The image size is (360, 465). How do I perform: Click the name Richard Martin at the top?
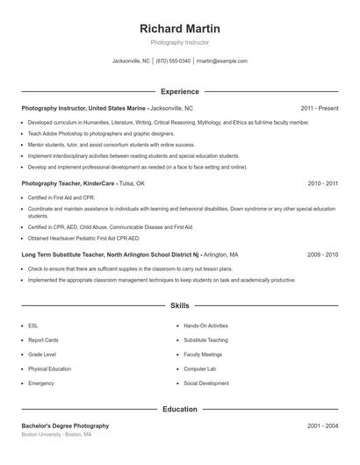coord(180,28)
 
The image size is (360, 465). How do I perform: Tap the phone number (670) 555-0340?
coord(174,61)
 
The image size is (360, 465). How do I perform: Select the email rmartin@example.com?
coord(222,61)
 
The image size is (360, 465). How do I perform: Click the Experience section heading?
coord(180,91)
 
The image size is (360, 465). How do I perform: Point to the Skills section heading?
coord(180,306)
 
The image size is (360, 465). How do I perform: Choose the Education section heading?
coord(180,409)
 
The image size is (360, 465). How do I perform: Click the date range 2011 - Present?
coord(319,108)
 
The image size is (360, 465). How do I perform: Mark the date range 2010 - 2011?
coord(322,184)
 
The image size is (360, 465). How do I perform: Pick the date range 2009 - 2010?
coord(322,254)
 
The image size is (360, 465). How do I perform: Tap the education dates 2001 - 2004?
coord(322,426)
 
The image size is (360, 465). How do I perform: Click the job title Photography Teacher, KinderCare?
coord(68,184)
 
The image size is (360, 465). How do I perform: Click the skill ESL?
coord(33,325)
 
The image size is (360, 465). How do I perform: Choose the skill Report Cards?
coord(43,340)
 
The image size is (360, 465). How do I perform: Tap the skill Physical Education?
coord(49,368)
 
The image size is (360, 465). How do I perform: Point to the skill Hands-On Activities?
coord(205,325)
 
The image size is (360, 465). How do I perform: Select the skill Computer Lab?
coord(200,368)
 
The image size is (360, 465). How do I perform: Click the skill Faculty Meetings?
coord(204,354)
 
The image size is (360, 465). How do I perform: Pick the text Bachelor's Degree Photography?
coord(65,426)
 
